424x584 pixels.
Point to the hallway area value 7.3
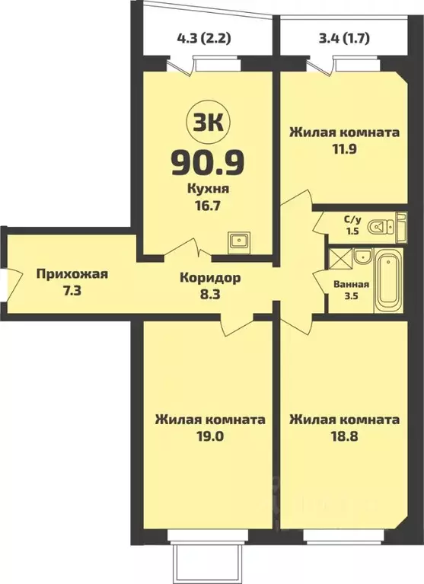click(72, 292)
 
